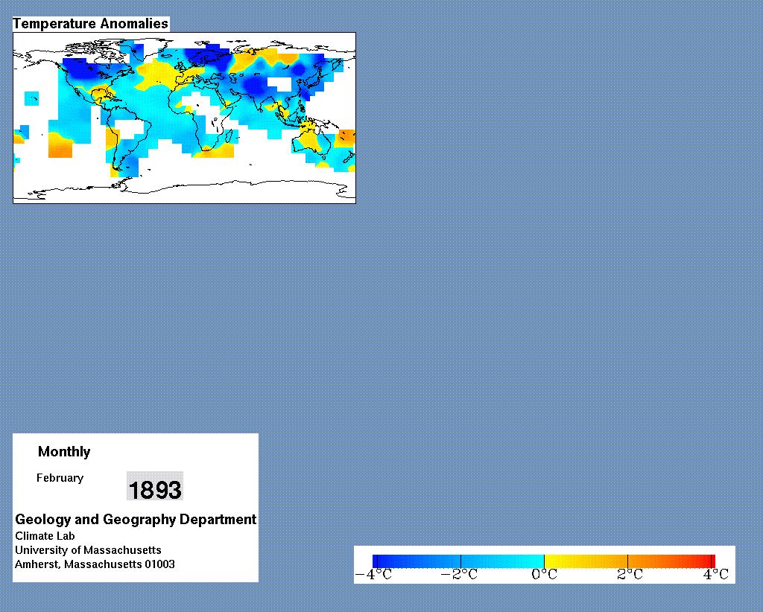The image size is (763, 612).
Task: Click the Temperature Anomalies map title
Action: [90, 24]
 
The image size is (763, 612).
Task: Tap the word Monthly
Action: [64, 452]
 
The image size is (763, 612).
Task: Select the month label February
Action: [60, 478]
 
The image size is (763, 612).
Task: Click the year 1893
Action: [155, 489]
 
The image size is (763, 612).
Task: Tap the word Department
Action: [218, 519]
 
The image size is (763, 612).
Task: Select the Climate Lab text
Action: [45, 536]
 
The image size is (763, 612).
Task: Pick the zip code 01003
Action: [159, 564]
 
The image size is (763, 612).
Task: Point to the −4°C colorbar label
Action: [373, 575]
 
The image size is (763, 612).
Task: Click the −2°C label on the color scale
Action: [459, 575]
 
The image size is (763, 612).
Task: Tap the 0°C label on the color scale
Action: [544, 575]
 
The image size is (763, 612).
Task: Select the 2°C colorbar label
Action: [630, 575]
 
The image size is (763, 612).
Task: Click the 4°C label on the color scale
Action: [716, 575]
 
